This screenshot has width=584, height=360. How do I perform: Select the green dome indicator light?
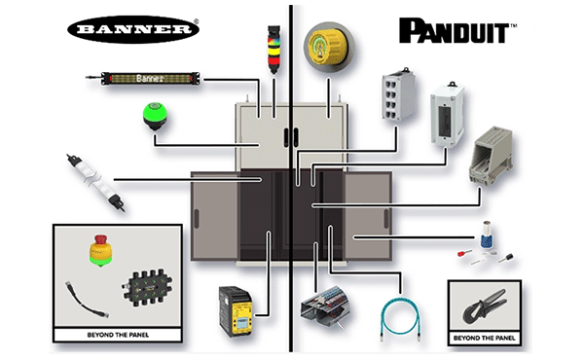[x=153, y=117]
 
